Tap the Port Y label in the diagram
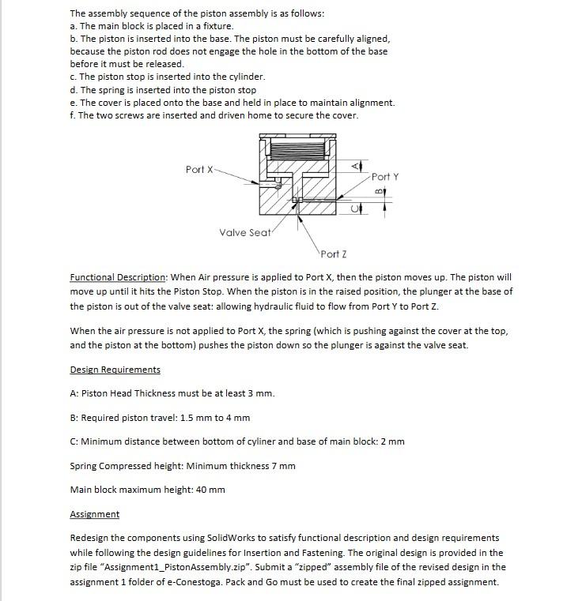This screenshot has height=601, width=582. click(385, 176)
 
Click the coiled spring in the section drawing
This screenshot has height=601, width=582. click(293, 148)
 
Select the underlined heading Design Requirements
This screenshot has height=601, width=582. click(115, 370)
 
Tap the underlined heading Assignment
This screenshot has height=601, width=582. click(94, 514)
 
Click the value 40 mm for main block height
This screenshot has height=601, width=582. click(210, 490)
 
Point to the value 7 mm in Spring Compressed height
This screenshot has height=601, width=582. click(282, 465)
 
